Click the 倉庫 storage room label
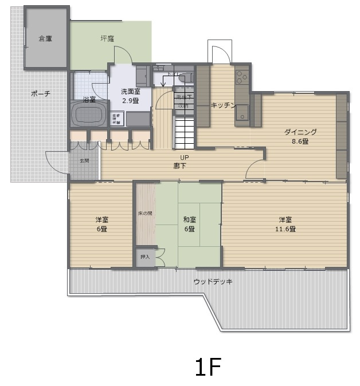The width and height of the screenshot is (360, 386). [x=45, y=39]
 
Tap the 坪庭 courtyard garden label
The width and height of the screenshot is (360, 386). [x=107, y=39]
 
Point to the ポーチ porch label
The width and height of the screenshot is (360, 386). [x=40, y=93]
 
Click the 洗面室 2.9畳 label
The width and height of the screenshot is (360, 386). [x=131, y=96]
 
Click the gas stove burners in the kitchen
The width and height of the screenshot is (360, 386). [x=241, y=77]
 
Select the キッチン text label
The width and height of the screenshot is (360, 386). [x=224, y=105]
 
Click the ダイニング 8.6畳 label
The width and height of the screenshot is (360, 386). [x=300, y=136]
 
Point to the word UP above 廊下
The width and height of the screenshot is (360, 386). [x=184, y=157]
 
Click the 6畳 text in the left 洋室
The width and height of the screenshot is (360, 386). [x=101, y=229]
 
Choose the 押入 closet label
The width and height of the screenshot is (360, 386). [x=145, y=257]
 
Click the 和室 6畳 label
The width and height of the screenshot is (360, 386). [x=190, y=224]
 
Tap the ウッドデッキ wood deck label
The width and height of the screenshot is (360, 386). [x=213, y=282]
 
